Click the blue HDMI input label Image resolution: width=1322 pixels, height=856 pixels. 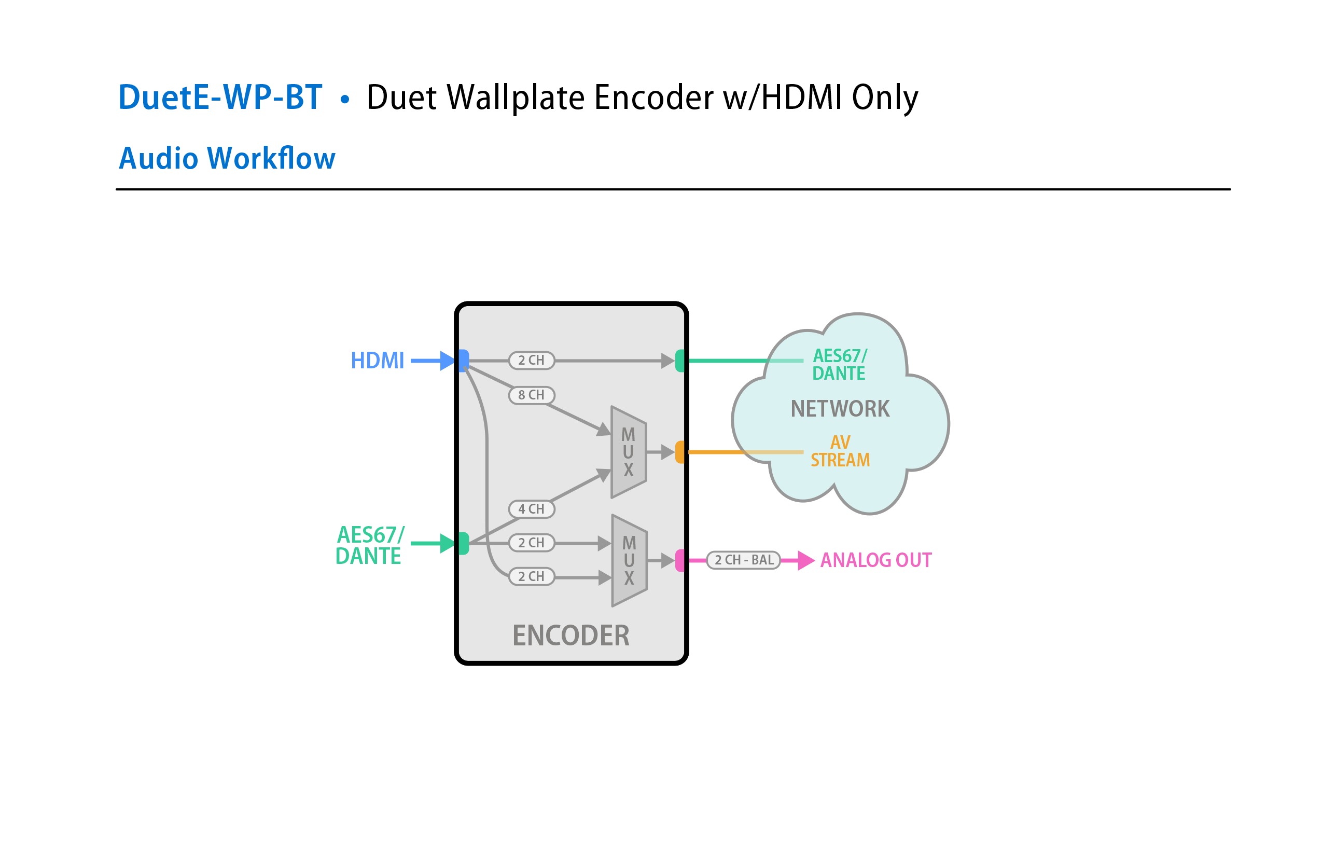(377, 361)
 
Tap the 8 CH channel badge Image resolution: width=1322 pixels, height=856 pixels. (532, 395)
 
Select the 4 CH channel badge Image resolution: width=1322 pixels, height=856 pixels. (532, 509)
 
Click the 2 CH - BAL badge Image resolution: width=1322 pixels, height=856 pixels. (744, 560)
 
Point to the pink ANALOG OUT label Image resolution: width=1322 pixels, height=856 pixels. (876, 560)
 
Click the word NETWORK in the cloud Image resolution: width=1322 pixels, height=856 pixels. (840, 409)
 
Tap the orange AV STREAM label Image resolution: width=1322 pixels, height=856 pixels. (840, 451)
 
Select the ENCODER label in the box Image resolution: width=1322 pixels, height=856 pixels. (571, 636)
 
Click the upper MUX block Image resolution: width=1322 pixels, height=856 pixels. (628, 452)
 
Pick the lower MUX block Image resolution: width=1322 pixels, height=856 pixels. (629, 560)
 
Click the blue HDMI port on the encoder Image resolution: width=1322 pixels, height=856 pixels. (463, 360)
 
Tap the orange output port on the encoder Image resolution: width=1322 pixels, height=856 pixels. (680, 452)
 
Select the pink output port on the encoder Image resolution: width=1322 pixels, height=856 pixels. (680, 560)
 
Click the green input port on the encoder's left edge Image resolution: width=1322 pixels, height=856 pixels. (463, 543)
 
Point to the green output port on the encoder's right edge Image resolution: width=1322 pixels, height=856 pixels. (680, 361)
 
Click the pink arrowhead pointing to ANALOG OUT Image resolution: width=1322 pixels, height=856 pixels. (806, 560)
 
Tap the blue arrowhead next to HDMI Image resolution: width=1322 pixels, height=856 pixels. (447, 361)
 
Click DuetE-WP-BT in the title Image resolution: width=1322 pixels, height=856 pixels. (220, 97)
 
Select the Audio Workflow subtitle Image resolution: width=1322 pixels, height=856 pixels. (227, 158)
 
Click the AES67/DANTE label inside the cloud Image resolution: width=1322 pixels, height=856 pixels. (839, 364)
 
